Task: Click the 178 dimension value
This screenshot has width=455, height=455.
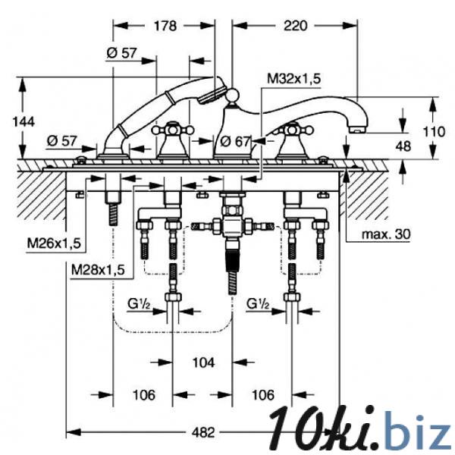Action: point(165,26)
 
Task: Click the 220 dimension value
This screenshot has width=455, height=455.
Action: point(295,26)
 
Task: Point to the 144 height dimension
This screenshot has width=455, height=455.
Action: point(24,121)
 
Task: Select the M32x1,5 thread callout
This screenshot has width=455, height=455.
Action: point(293,78)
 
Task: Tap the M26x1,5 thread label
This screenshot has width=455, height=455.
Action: point(54,243)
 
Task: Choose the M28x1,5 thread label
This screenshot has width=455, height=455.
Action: point(98,270)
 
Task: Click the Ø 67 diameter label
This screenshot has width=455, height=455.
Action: point(235,142)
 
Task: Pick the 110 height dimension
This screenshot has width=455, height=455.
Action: point(434,132)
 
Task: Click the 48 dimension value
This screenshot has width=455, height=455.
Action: point(403,146)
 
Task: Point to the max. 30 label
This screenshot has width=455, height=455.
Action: point(386,234)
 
